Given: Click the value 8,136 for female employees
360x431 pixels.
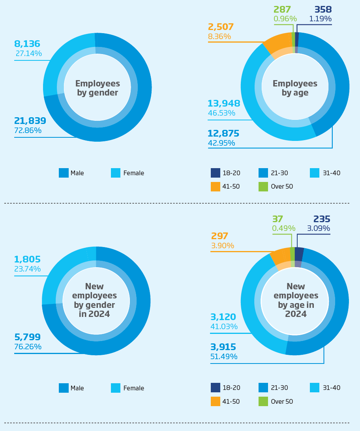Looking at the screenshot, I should tap(27, 44).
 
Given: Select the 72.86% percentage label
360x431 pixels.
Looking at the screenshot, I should tap(28, 131).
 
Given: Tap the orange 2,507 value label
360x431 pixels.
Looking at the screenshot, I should tap(221, 27).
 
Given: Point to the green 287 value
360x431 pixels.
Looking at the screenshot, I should tap(282, 9).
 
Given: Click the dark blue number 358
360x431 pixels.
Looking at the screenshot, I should tap(323, 9).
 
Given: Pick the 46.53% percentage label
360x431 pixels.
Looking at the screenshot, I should tap(221, 113).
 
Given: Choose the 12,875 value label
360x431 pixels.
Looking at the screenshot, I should tap(223, 133).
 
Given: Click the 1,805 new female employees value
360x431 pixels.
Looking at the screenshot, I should tap(27, 260).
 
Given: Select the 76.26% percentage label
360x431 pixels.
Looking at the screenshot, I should tap(28, 347).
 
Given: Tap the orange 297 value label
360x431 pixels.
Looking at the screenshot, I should tap(219, 236).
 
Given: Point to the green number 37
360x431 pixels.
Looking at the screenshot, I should tap(277, 219).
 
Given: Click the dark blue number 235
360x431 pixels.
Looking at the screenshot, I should tap(322, 219).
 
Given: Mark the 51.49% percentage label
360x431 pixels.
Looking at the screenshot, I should tap(224, 357).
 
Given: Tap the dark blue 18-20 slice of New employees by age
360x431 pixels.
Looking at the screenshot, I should tap(299, 253).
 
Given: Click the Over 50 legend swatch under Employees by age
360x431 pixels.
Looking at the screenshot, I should tap(263, 186).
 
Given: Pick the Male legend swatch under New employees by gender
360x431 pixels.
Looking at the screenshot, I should tap(64, 388).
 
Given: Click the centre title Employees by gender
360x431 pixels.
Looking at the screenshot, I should tap(97, 88).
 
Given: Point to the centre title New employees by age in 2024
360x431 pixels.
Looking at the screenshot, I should tap(296, 300).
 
